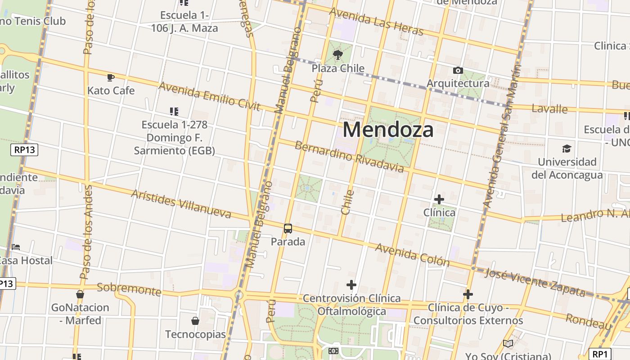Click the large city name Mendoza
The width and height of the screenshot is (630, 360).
[388, 130]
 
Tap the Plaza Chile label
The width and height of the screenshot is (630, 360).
[338, 68]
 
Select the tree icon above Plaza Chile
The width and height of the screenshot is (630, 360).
[337, 55]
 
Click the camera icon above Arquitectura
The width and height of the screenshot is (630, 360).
[458, 71]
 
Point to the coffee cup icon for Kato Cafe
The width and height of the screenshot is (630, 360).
[111, 77]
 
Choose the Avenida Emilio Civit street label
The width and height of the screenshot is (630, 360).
[209, 96]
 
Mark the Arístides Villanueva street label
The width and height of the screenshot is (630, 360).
[181, 204]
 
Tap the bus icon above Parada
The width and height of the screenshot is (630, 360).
[288, 229]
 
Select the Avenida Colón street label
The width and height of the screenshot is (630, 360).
[412, 255]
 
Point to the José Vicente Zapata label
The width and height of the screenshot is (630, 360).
[535, 283]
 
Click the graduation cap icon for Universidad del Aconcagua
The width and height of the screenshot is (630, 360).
[567, 148]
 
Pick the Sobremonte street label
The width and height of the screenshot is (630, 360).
[129, 289]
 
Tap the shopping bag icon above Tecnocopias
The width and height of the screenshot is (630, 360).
[195, 321]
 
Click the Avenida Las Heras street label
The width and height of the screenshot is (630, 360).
[376, 21]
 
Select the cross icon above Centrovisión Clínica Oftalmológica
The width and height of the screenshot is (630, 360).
[351, 285]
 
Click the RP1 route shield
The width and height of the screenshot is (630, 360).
[600, 354]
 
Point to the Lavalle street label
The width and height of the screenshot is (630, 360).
[549, 108]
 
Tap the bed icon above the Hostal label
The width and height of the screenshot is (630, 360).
[16, 247]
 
